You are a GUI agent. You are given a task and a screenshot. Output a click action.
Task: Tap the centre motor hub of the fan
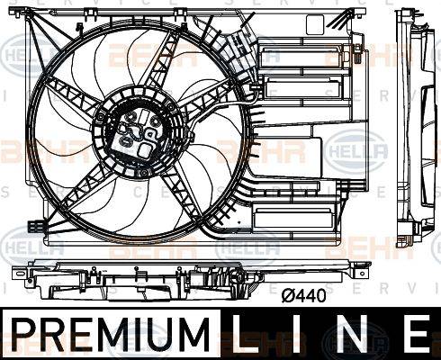click(140, 135)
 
